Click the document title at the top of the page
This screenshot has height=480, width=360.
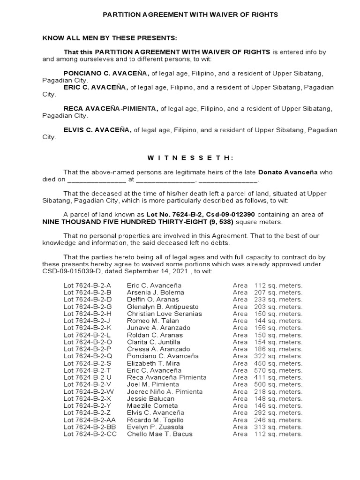point(190,15)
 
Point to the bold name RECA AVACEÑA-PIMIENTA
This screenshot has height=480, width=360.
point(111,109)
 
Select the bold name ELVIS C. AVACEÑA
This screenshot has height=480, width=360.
point(97,130)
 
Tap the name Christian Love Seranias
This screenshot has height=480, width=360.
point(165,314)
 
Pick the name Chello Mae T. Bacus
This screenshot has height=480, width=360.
point(160,434)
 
